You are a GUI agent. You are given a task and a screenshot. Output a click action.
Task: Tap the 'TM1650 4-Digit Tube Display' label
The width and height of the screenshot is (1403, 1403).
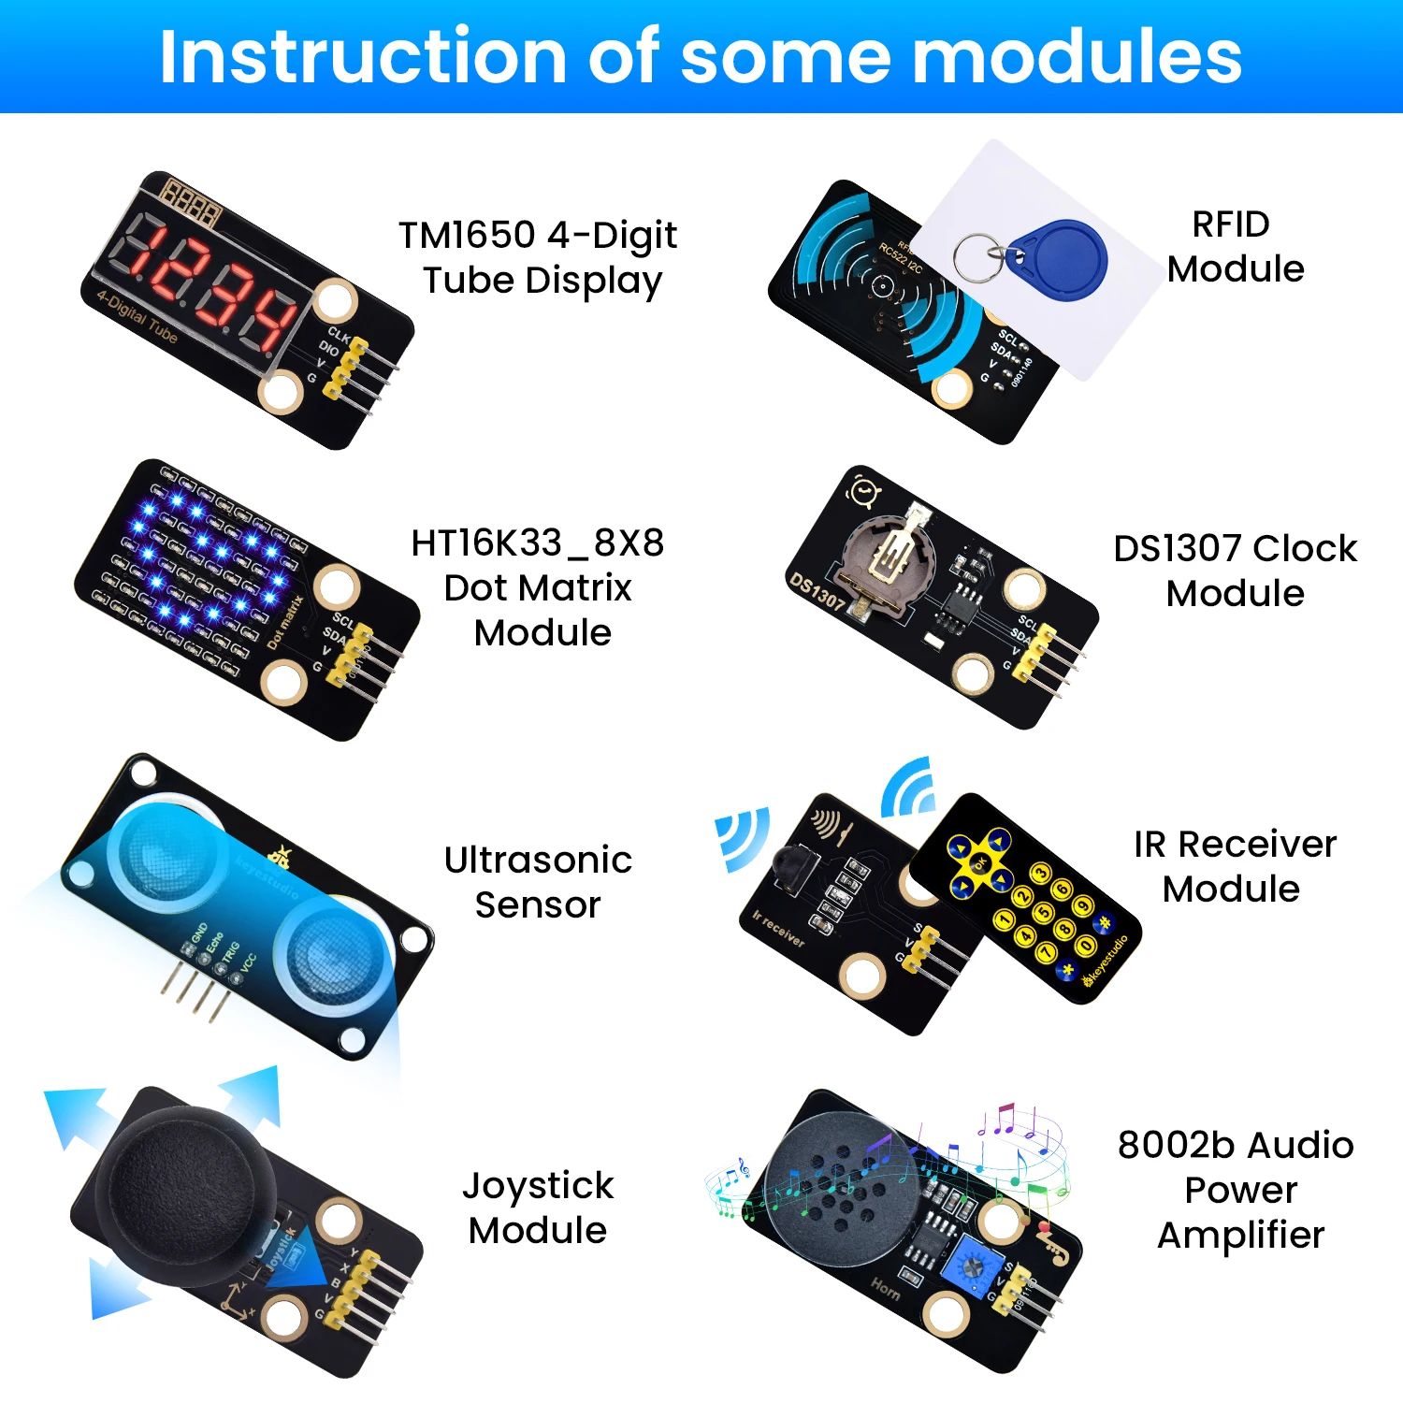click(x=539, y=257)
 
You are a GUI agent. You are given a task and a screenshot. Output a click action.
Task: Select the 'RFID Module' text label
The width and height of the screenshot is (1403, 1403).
click(x=1235, y=247)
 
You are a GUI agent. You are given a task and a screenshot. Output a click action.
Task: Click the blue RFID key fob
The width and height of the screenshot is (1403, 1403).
click(x=1062, y=258)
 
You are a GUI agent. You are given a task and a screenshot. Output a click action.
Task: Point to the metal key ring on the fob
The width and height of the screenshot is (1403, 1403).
click(x=978, y=256)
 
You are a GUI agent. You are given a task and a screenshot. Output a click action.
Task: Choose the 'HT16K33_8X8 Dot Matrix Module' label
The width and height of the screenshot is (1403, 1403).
click(x=539, y=587)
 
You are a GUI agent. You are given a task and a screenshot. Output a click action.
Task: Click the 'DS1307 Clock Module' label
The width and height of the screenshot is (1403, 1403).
click(x=1235, y=571)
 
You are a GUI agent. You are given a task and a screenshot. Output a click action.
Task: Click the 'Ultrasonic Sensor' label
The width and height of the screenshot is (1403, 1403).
click(x=539, y=882)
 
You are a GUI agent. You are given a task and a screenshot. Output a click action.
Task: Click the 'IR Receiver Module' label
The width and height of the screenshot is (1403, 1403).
click(x=1235, y=866)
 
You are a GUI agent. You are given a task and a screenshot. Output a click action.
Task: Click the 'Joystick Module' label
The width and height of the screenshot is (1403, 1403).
click(x=539, y=1208)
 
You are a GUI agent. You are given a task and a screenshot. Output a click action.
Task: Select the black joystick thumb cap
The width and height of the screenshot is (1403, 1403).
click(x=182, y=1183)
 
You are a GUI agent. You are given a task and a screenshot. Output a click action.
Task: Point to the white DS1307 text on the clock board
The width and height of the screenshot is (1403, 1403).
click(x=817, y=593)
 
